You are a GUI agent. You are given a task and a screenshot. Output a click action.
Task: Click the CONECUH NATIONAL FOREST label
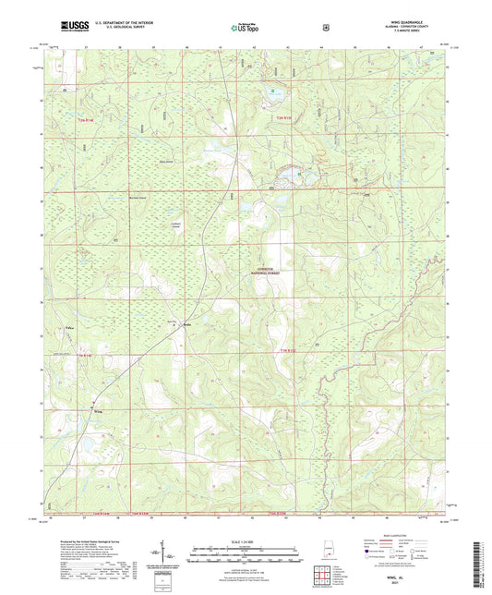click(264, 273)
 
